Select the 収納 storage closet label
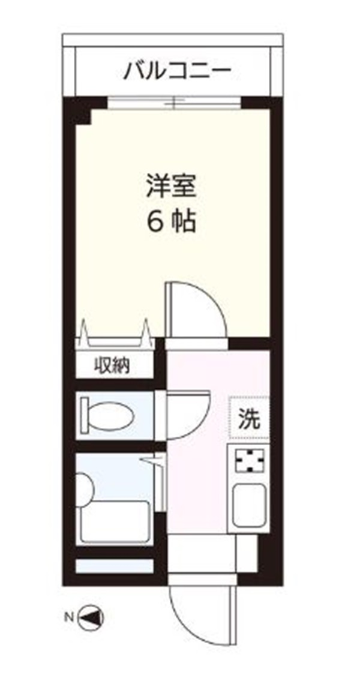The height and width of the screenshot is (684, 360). click(114, 365)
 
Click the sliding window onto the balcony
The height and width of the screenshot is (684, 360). click(174, 102)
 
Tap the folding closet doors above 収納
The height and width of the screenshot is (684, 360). click(114, 336)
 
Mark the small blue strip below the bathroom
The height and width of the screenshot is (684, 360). click(114, 566)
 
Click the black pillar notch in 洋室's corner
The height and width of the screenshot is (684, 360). click(81, 114)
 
